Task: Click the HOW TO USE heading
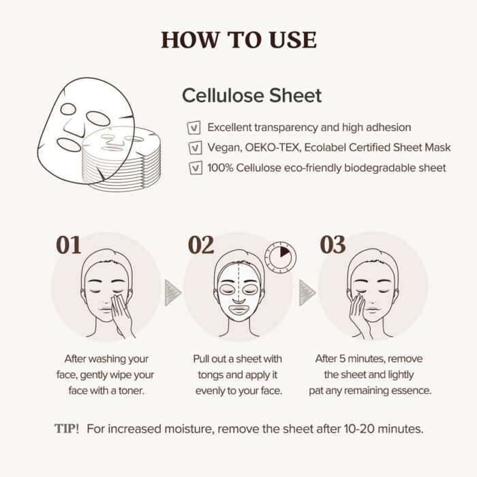[238, 40]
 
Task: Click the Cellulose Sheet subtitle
[251, 95]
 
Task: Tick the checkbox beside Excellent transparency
[194, 127]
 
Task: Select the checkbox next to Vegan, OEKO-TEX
[194, 147]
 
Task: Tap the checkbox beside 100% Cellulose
[194, 168]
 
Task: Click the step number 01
[68, 245]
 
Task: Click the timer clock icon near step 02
[280, 258]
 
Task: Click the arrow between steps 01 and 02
[173, 292]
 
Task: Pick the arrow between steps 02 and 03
[307, 292]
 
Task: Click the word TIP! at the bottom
[67, 429]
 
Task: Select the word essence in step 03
[412, 391]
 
